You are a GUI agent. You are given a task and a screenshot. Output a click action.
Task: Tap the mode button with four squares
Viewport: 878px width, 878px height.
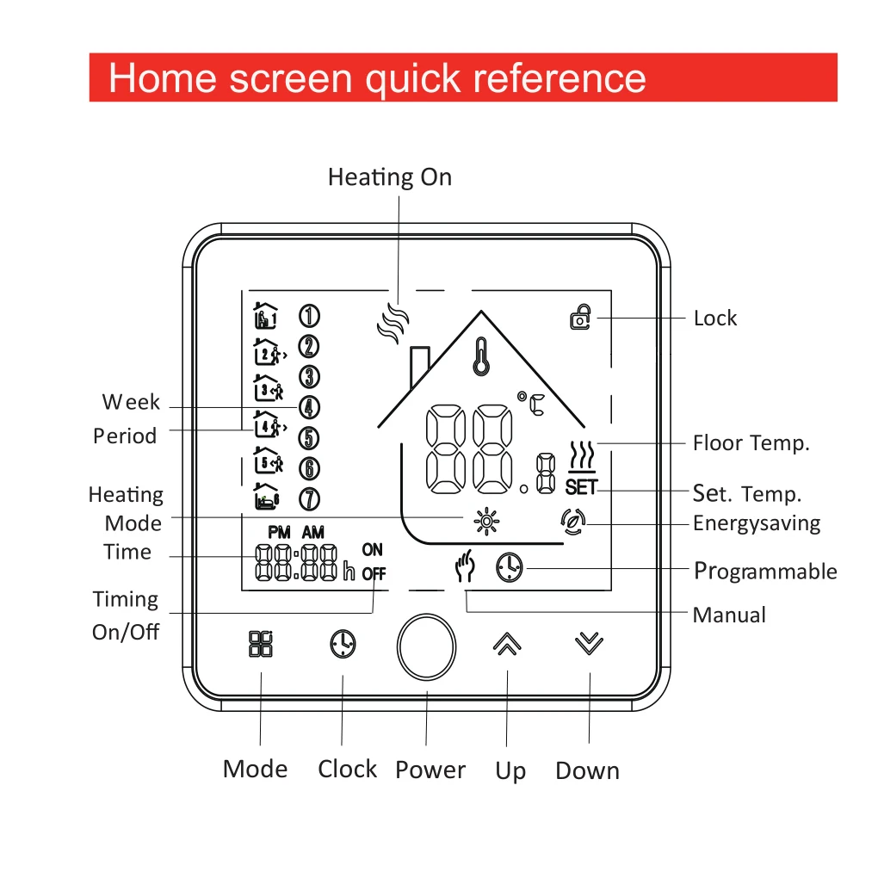pos(261,644)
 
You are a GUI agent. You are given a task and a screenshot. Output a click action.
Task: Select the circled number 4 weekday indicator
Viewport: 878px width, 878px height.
pos(309,407)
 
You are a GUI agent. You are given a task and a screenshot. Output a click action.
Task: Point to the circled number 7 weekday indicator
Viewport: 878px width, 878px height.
pos(309,498)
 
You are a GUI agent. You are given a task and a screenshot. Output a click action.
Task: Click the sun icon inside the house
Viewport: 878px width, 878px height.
pos(486,521)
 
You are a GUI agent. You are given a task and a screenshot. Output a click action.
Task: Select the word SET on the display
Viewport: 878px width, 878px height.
pos(581,488)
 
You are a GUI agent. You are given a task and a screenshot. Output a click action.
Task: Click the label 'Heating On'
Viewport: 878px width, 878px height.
pos(389,177)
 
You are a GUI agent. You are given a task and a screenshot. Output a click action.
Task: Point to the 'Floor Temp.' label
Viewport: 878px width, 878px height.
pos(751,443)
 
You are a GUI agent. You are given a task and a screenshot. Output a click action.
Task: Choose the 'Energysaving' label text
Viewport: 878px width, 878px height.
pos(757,523)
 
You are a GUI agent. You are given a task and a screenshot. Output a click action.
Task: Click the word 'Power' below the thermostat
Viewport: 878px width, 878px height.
pos(430,770)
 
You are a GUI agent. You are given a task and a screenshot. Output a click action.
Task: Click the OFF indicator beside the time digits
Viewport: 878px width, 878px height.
pos(374,574)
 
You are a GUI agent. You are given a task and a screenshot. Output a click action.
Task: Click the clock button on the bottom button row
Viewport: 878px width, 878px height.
pos(343,644)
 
